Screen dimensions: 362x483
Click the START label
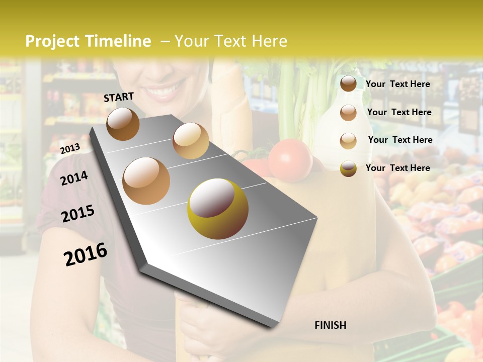119,97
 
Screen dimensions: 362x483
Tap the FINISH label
330,325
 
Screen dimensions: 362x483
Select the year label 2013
70,148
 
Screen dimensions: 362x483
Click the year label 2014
74,178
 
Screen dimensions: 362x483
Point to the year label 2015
78,214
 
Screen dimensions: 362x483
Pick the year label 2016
86,254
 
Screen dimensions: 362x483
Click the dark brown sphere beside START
123,124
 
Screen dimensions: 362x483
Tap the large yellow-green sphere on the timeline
218,209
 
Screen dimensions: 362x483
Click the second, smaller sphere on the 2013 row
191,141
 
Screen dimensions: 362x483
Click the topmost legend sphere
348,84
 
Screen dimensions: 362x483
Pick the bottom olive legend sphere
348,168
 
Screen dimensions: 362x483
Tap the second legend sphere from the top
348,113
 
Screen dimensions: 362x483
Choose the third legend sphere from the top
348,141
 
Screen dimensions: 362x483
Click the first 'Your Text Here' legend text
397,84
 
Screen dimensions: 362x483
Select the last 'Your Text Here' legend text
397,168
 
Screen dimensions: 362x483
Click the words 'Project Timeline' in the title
88,41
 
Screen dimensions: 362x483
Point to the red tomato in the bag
290,160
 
